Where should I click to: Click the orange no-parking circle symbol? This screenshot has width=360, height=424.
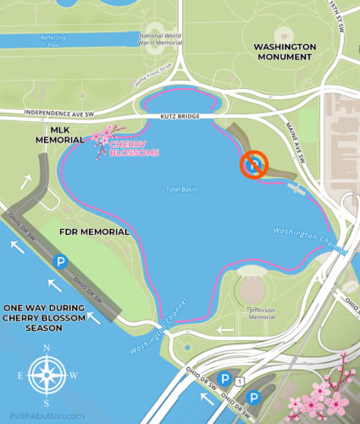pyautogui.click(x=254, y=165)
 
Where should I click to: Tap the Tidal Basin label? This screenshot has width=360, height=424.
pyautogui.click(x=181, y=188)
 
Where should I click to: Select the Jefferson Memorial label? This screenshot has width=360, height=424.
pyautogui.click(x=258, y=315)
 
